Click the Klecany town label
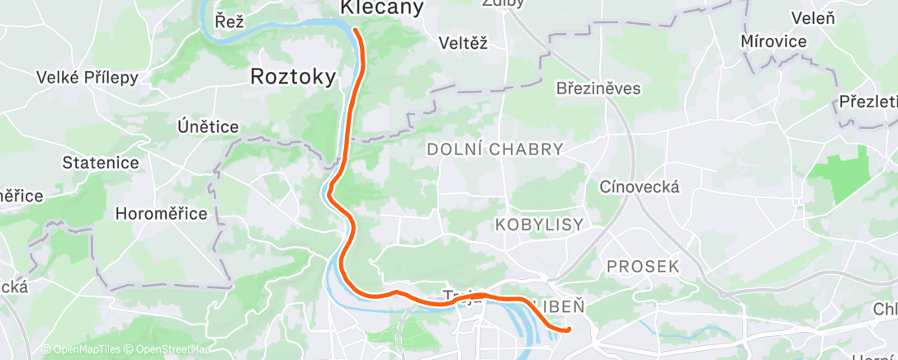point(382,8)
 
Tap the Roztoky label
point(293,78)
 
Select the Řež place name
point(229,22)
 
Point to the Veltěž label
point(463,43)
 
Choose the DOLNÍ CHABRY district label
point(495,149)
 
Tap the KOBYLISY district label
point(539,225)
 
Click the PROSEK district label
point(643,267)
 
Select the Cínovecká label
point(640,187)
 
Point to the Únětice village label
point(208,127)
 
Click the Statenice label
point(102,163)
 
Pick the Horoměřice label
point(161,214)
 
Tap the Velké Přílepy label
point(87,78)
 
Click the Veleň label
point(813,17)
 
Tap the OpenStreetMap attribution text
point(168,349)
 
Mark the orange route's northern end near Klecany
point(356,30)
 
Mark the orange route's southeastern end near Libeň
point(569,330)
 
